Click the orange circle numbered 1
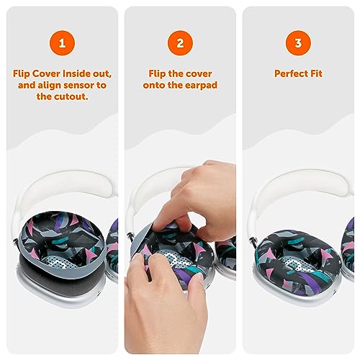pos(62,43)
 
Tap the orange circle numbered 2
pos(180,43)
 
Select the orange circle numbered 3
pos(298,43)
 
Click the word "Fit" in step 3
pos(315,73)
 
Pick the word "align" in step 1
pos(47,86)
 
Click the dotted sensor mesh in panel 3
pos(298,264)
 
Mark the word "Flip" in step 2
pos(157,73)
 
